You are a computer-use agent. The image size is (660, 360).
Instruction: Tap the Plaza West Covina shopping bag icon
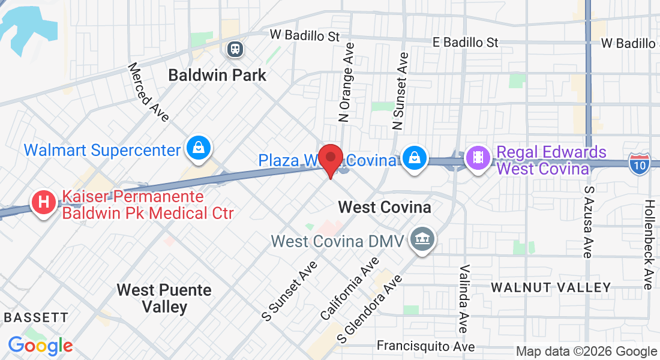point(414,158)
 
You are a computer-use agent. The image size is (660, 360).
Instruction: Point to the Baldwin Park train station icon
point(234,49)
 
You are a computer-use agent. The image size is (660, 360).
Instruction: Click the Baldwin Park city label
point(217,76)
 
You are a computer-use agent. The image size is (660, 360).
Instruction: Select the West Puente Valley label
point(164,298)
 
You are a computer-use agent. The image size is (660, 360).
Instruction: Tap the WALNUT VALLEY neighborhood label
point(551,288)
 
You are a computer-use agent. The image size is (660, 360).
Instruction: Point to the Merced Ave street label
point(149,92)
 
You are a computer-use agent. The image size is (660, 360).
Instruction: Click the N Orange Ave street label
point(347,82)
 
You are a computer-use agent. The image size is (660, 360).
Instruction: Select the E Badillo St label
point(466,42)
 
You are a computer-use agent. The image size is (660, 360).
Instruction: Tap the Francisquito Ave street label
point(425,346)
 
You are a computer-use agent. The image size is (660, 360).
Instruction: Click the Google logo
point(40,346)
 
